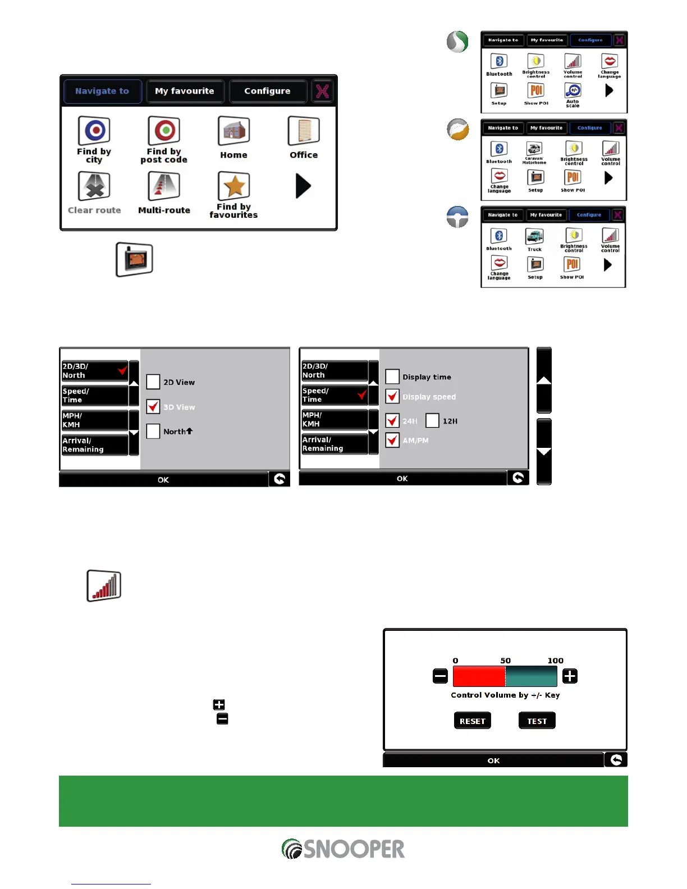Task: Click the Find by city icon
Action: (94, 131)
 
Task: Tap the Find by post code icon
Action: (164, 131)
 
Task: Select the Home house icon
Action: (233, 131)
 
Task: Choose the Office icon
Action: (304, 131)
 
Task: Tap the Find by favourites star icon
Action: (233, 186)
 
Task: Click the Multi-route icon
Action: (164, 186)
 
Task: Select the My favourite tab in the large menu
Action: (185, 91)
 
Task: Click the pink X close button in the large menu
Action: (322, 91)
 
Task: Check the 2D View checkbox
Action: (153, 382)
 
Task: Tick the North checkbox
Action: (153, 431)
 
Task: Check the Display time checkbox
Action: (392, 377)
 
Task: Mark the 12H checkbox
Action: (432, 420)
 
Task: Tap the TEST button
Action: (537, 721)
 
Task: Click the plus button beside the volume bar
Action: (570, 676)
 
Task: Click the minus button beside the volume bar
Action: (440, 676)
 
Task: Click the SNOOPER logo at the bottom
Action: (343, 849)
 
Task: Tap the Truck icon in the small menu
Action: (534, 236)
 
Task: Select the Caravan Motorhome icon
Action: (534, 149)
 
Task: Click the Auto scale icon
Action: (572, 91)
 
